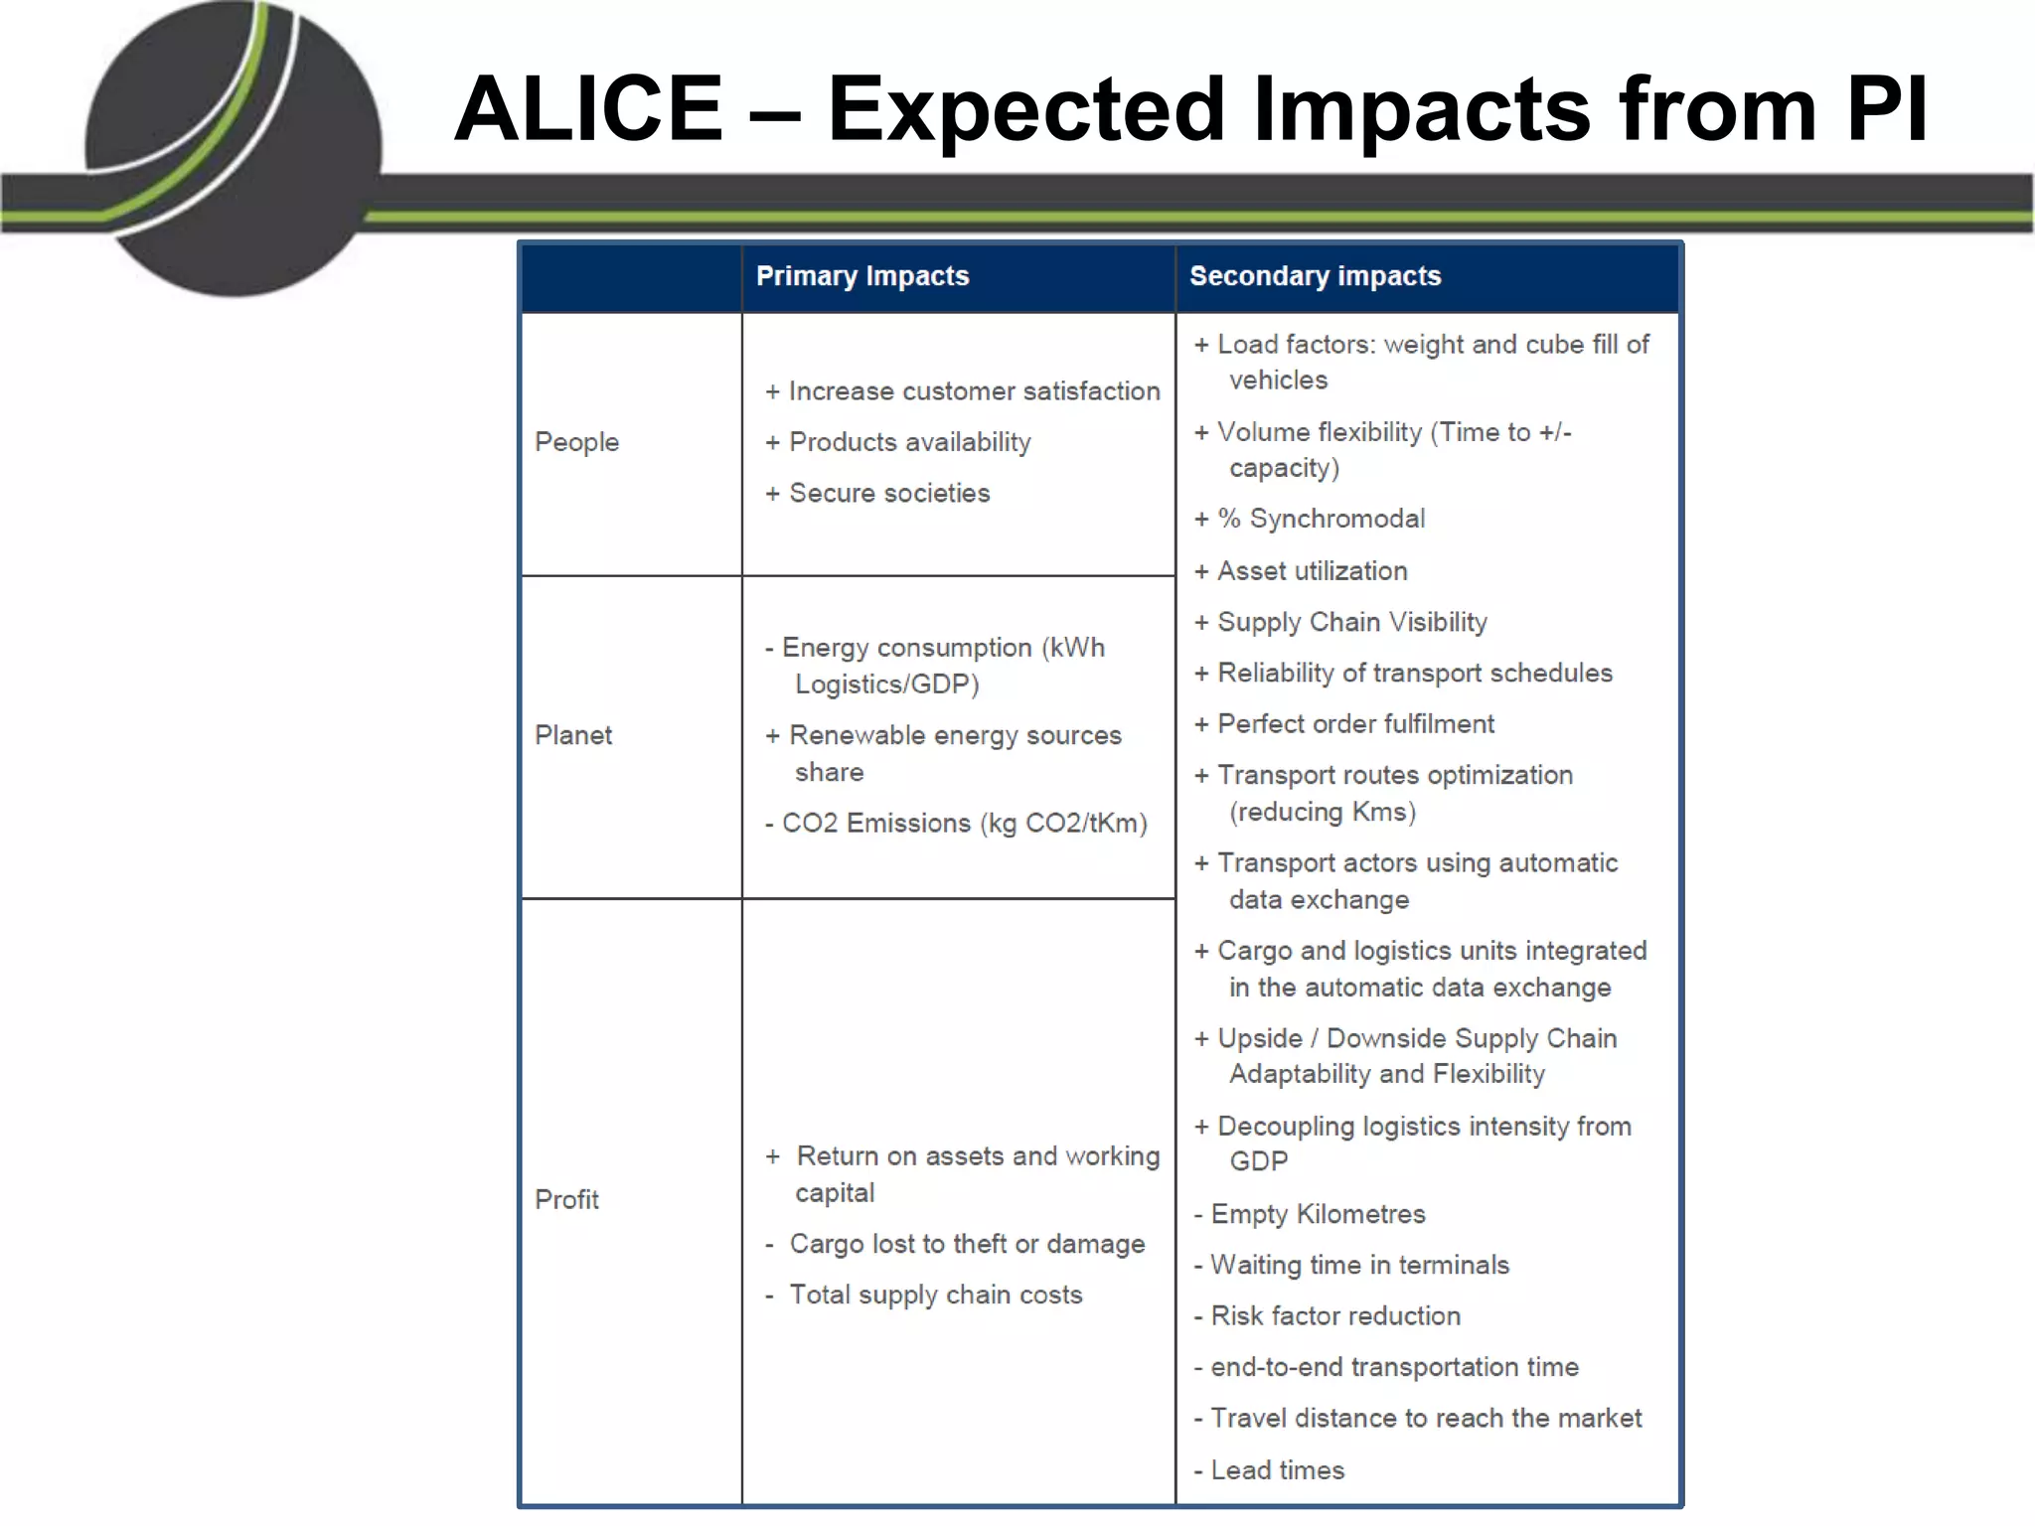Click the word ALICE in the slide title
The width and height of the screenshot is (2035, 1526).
click(x=588, y=109)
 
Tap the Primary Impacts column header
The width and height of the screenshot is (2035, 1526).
click(x=861, y=276)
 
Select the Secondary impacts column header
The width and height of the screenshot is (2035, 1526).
click(x=1315, y=276)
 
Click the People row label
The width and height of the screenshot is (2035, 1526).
click(x=576, y=442)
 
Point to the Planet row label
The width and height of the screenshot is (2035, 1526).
click(x=573, y=735)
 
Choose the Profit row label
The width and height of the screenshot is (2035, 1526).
click(x=566, y=1199)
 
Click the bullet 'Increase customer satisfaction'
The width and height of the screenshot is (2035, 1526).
click(x=974, y=391)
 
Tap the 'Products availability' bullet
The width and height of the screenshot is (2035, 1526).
click(x=909, y=442)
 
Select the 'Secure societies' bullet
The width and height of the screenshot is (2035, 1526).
click(x=889, y=493)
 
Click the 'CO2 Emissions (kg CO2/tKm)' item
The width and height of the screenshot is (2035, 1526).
click(x=964, y=824)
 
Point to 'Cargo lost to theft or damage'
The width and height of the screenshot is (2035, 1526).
click(x=967, y=1244)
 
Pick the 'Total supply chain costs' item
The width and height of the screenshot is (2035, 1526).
click(x=935, y=1295)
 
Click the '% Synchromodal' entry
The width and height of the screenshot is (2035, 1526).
click(x=1321, y=519)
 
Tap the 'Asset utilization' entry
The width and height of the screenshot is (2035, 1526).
click(x=1312, y=571)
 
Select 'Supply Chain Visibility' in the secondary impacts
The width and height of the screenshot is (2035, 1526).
click(x=1351, y=622)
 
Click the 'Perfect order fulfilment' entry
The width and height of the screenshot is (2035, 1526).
click(x=1355, y=724)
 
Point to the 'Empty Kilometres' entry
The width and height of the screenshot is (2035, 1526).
click(x=1318, y=1214)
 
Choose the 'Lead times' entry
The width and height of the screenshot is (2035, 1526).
click(x=1277, y=1470)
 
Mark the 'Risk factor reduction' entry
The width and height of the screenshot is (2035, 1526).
click(x=1335, y=1316)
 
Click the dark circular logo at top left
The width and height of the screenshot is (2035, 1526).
click(x=234, y=149)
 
